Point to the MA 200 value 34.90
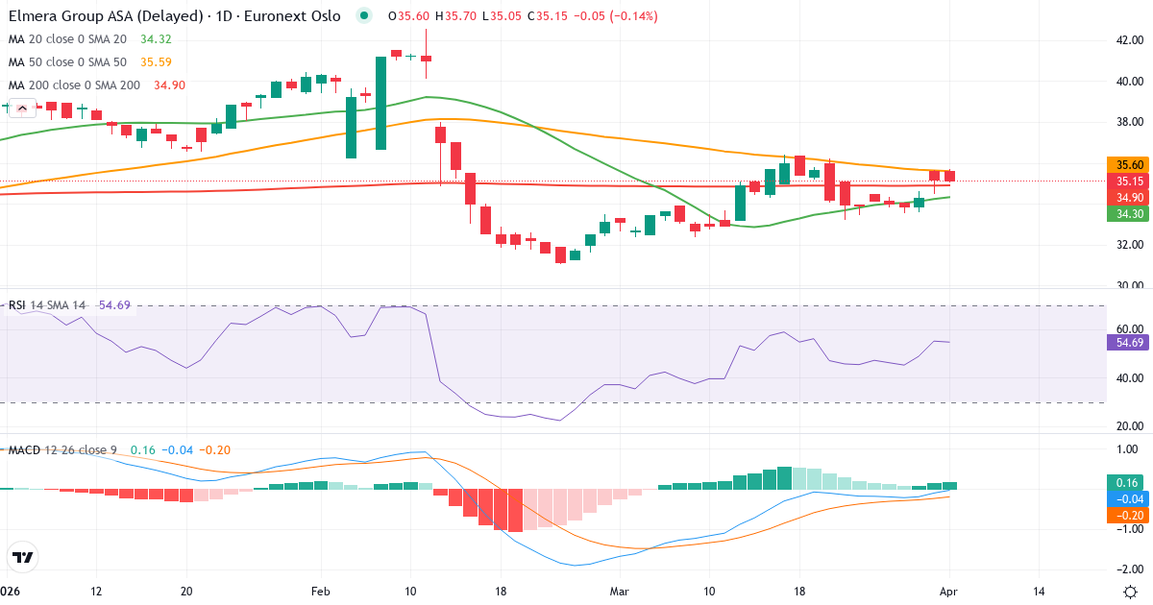169,85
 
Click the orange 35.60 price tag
1128,164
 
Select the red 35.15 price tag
1128,181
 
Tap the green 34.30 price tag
1128,214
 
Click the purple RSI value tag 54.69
1128,342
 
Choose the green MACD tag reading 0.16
1128,482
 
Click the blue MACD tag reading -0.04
1128,498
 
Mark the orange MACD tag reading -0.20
1128,515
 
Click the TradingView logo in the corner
22,557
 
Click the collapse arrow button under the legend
22,109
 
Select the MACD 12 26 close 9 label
64,449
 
